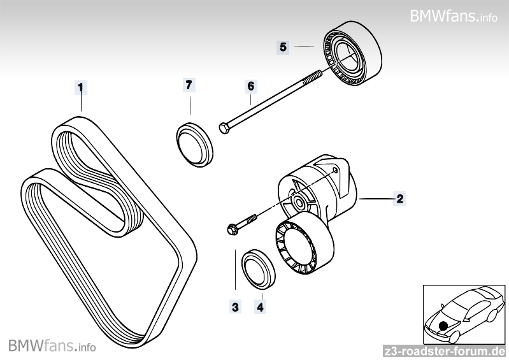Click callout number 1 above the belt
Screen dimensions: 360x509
(x=80, y=86)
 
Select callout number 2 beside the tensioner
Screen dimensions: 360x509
(x=399, y=199)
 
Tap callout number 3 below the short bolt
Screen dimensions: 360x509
(x=235, y=307)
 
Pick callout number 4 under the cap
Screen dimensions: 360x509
(x=260, y=307)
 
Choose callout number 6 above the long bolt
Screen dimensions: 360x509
(x=250, y=85)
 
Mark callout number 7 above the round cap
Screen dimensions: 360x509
(x=189, y=85)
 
